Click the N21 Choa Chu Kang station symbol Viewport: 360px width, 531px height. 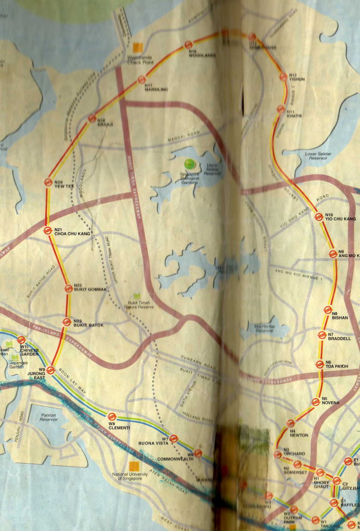tap(47, 230)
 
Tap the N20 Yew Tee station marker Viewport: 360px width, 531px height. tap(48, 182)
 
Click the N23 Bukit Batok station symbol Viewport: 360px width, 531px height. tap(66, 322)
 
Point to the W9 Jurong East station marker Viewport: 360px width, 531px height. tap(50, 370)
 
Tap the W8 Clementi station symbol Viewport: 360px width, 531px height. tap(112, 416)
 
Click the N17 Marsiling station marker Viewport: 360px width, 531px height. tap(141, 80)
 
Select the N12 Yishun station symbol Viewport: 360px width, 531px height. tap(283, 76)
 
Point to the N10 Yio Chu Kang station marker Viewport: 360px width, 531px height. tap(319, 216)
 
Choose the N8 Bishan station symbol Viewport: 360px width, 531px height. tap(328, 310)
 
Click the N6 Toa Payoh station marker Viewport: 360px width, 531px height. tap(320, 365)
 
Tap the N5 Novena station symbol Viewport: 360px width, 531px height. tap(315, 401)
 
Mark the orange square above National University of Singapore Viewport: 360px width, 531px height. tap(134, 466)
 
